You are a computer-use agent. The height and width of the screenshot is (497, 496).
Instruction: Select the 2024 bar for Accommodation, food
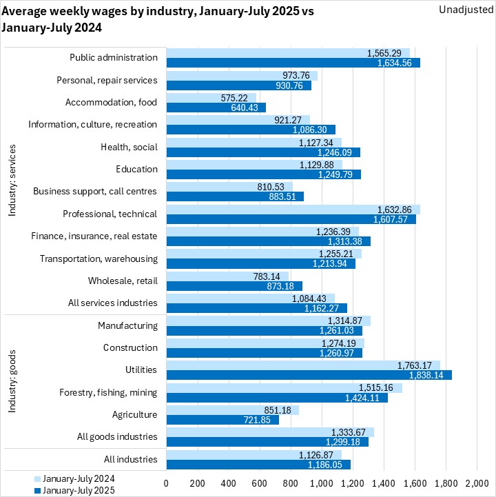[211, 97]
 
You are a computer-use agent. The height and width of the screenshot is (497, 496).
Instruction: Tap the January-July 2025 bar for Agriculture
[223, 420]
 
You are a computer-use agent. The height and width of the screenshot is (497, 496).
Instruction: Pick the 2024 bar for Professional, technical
[293, 209]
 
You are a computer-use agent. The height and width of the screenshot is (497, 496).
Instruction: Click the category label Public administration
[114, 58]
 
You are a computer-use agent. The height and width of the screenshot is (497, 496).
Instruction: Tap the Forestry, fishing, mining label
[108, 392]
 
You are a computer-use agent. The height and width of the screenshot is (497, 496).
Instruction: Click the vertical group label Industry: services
[12, 181]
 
